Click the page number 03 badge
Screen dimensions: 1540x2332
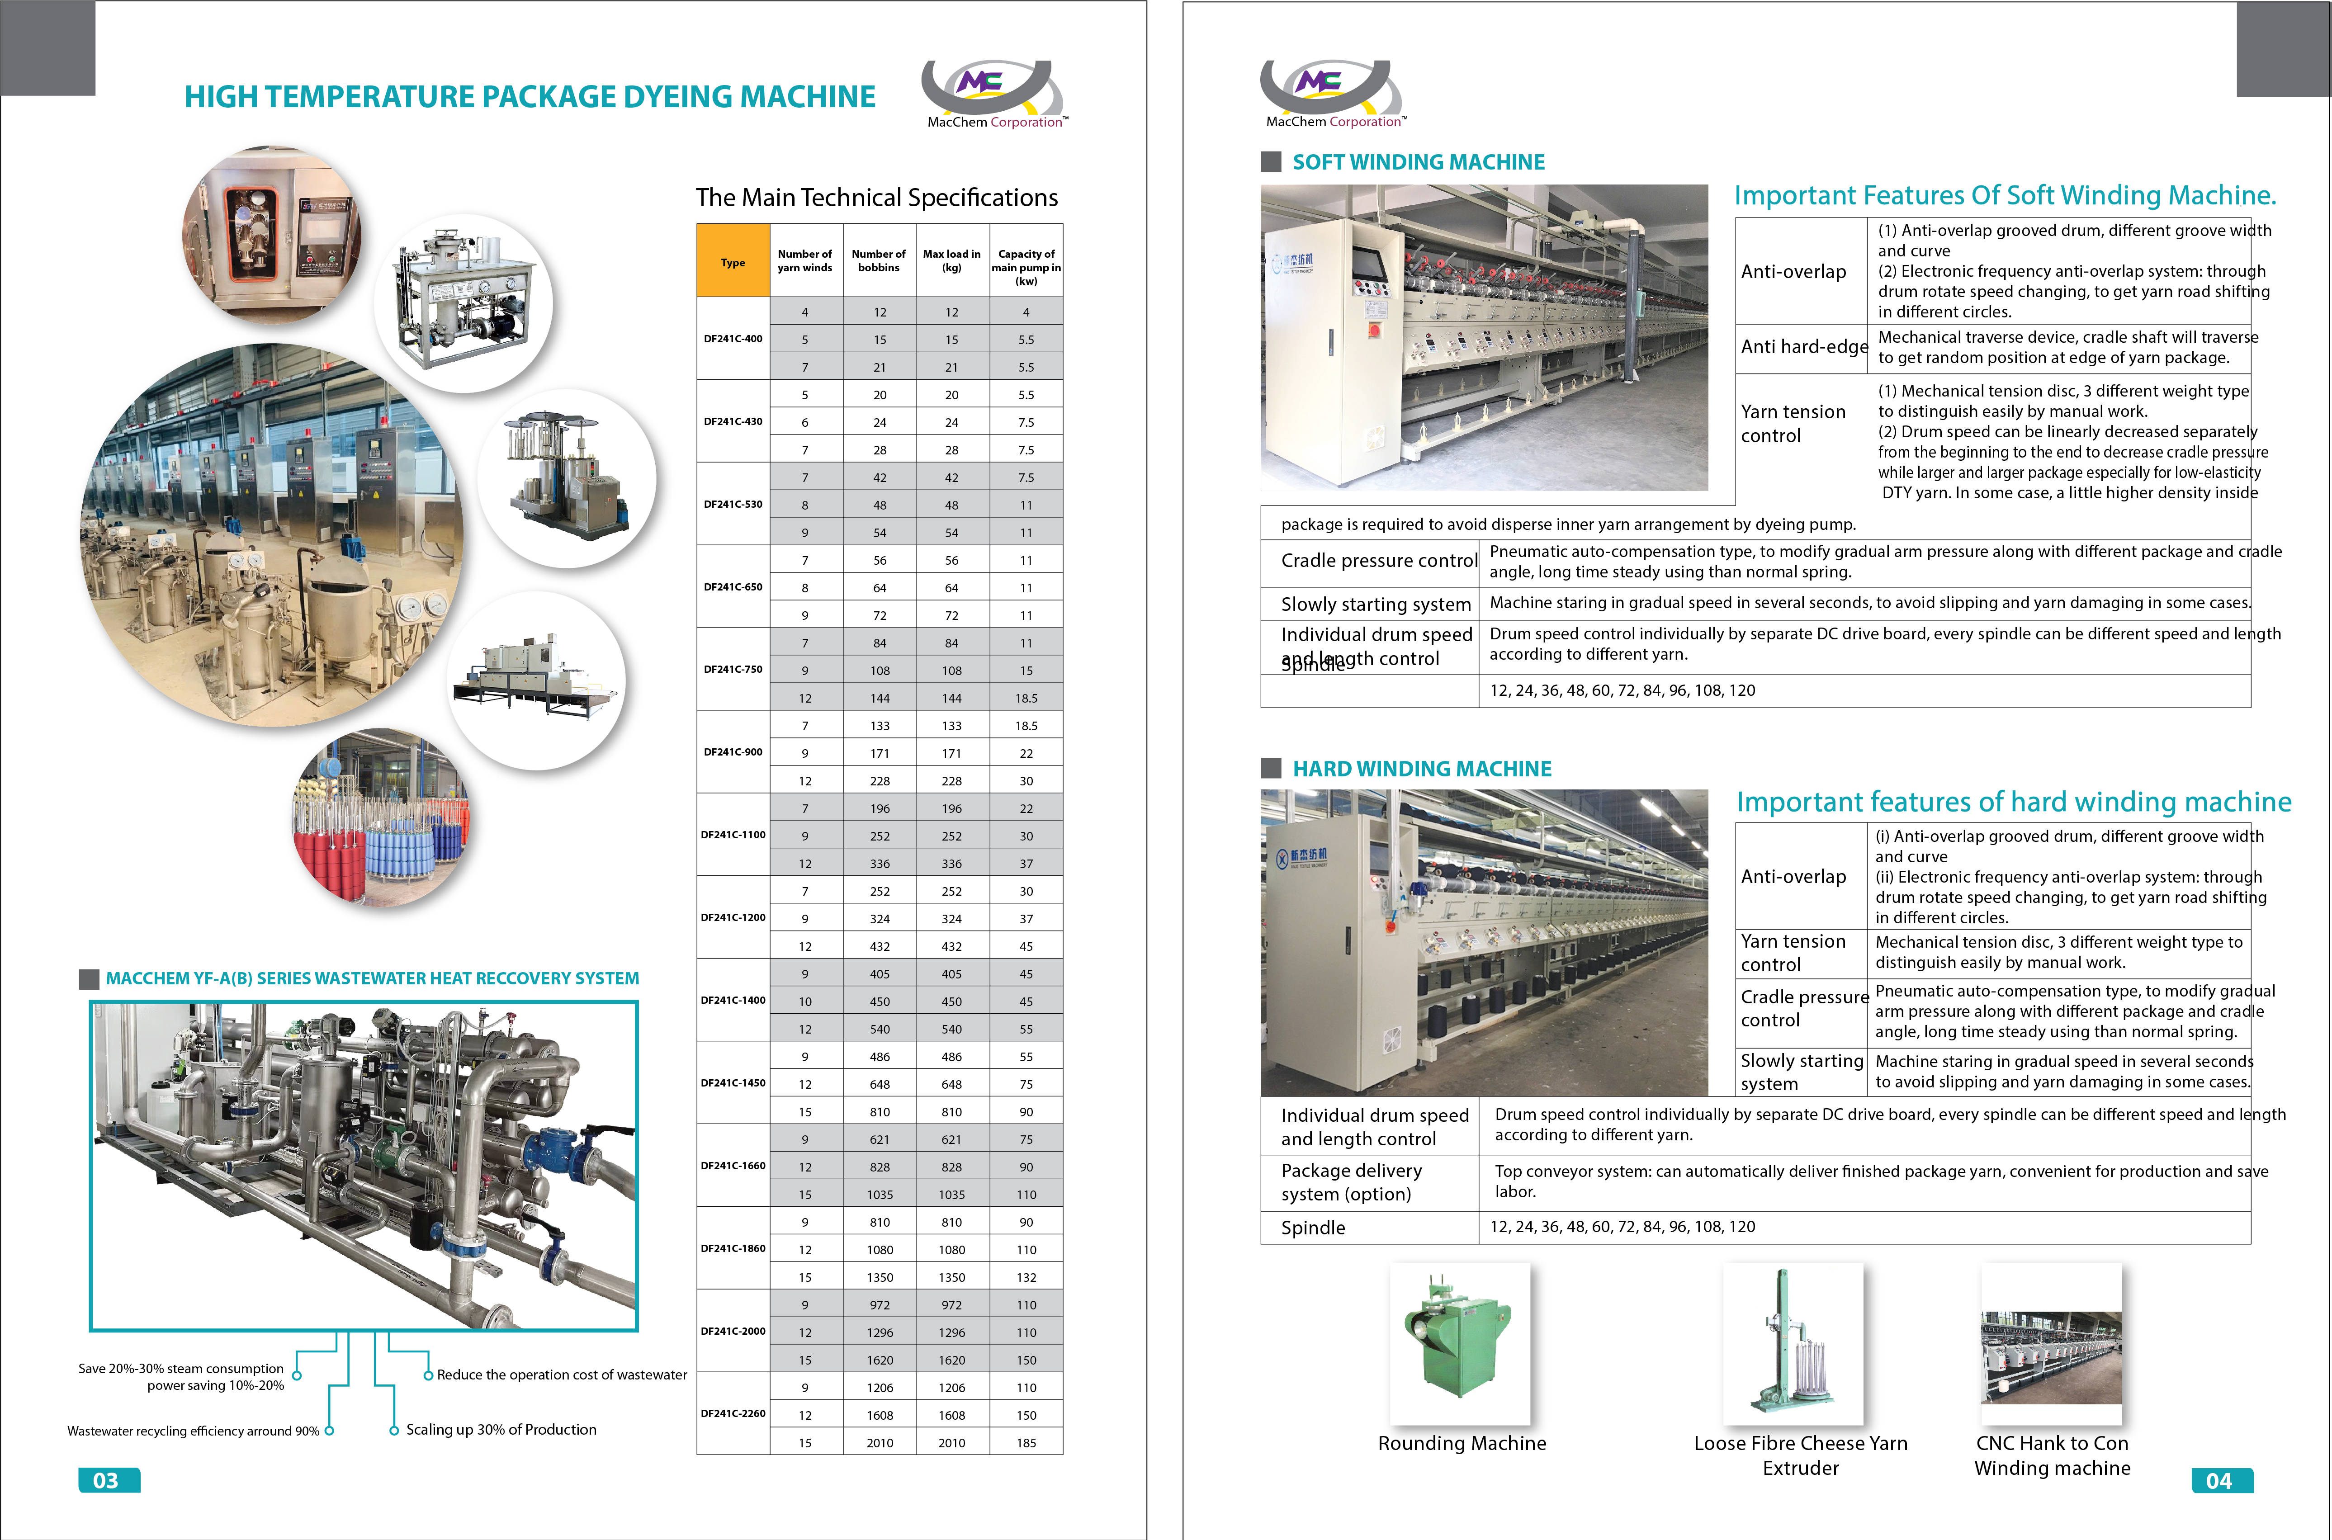pos(108,1480)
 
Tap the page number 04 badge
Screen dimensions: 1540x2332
pos(2221,1480)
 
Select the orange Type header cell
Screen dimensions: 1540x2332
pos(733,261)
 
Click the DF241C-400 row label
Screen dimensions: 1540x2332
pos(733,339)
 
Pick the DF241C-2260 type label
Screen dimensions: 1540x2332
pos(733,1413)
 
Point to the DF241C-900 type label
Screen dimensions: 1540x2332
pos(733,752)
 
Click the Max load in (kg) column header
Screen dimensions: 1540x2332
pos(951,260)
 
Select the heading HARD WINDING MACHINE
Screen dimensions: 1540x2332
pos(1421,769)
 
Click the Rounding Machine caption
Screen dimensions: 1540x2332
pos(1462,1443)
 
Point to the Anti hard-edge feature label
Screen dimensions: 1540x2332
pos(1803,347)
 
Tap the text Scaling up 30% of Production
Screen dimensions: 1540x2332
pos(501,1430)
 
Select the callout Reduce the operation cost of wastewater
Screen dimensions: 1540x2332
pos(562,1375)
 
